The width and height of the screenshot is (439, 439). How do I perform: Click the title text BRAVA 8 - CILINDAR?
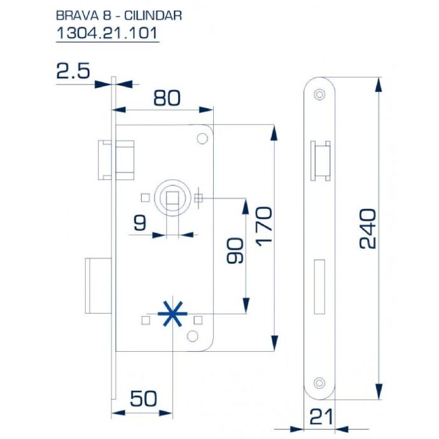tap(119, 16)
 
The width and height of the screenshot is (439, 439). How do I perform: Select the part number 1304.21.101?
tap(107, 33)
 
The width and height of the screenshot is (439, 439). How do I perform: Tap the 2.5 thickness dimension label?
tap(73, 71)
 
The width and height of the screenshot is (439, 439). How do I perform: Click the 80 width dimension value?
tap(167, 98)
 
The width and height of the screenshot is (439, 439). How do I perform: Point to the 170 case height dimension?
tap(264, 226)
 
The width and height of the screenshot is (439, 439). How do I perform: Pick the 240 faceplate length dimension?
tap(367, 229)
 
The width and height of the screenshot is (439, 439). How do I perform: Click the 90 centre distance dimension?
tap(235, 251)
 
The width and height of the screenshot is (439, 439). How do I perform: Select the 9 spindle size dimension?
tap(140, 223)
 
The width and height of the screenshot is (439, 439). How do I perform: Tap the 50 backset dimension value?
tap(143, 399)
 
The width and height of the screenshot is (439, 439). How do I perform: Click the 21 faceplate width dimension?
tap(322, 417)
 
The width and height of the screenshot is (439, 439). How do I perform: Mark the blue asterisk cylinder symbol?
tap(172, 314)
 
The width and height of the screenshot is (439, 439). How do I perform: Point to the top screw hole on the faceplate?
tap(319, 94)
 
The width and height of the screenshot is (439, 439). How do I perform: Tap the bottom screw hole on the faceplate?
tap(319, 383)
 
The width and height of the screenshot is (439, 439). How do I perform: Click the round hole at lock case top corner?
tap(202, 139)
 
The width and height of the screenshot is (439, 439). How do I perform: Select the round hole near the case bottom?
tap(193, 337)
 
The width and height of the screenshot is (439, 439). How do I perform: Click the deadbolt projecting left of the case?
tap(99, 286)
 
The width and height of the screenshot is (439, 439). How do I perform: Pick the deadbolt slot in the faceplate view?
tap(320, 287)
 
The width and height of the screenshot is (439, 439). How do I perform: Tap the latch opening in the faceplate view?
tap(321, 161)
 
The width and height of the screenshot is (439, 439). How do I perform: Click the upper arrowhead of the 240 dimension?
tap(379, 84)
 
